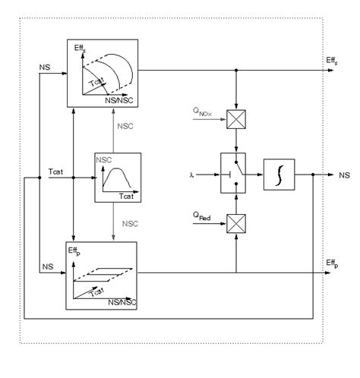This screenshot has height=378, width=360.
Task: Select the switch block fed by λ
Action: click(x=237, y=174)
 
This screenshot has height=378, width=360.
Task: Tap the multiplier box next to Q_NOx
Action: click(x=237, y=117)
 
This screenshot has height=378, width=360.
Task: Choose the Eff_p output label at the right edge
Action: click(x=331, y=263)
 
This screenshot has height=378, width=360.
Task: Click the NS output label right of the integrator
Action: click(x=344, y=174)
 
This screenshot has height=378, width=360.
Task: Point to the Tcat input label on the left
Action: click(x=56, y=172)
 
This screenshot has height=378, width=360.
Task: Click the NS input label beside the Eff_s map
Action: click(x=45, y=68)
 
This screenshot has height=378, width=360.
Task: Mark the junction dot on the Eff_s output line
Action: click(x=237, y=71)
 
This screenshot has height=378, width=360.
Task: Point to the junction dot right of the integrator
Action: click(x=314, y=174)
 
